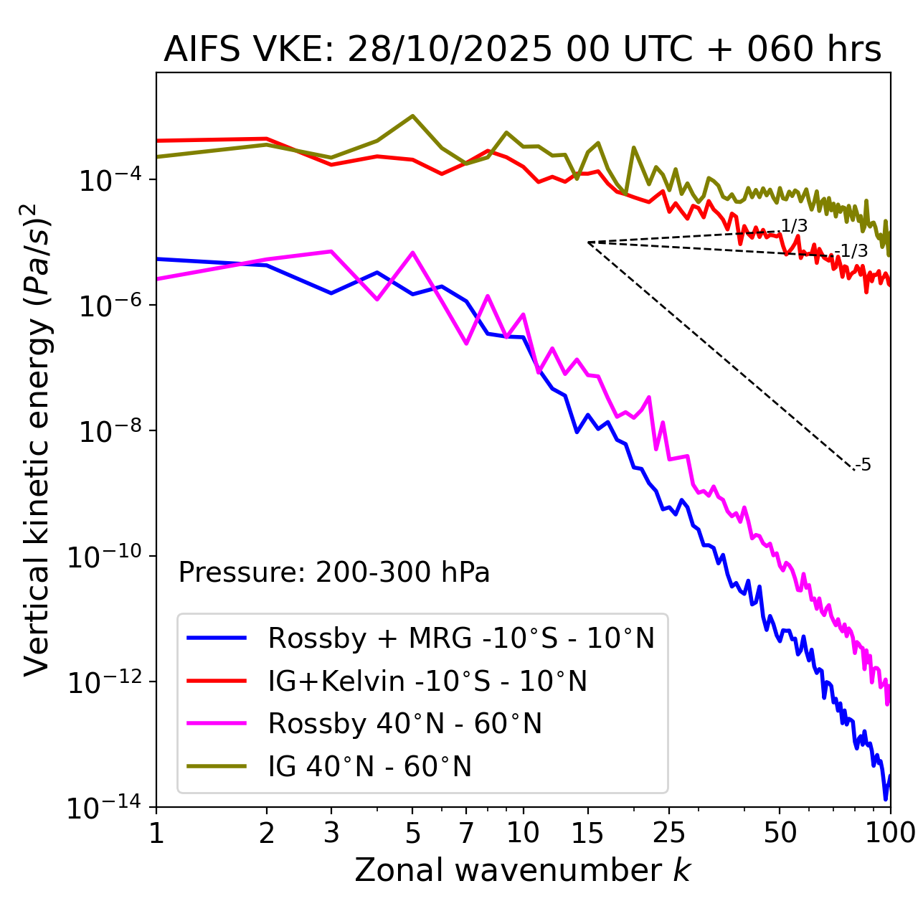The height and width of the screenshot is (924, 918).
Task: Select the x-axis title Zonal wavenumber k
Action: click(x=522, y=870)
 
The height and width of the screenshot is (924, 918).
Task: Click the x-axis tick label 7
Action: click(x=466, y=833)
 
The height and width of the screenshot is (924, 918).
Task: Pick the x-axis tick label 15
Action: click(x=587, y=833)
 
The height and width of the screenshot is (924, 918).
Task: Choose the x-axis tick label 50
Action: click(x=780, y=833)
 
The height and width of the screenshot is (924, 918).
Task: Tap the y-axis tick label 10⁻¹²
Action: click(x=104, y=682)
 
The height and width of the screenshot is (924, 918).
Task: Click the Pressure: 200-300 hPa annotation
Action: click(x=334, y=572)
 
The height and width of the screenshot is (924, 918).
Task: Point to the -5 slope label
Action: click(x=863, y=466)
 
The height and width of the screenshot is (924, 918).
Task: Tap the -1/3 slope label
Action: click(x=853, y=251)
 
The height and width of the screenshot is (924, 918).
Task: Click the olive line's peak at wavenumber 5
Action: click(x=412, y=115)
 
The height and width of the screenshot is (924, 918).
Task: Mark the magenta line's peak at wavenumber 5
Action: click(x=412, y=253)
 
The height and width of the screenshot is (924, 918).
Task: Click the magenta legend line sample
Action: click(x=217, y=723)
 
